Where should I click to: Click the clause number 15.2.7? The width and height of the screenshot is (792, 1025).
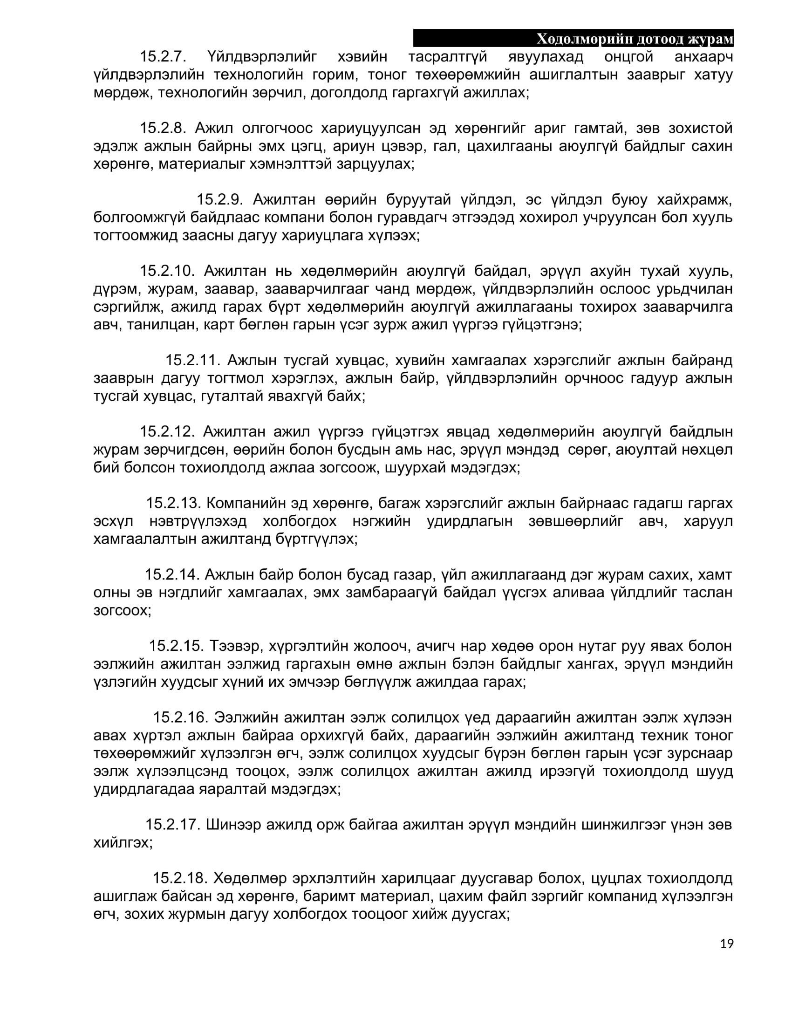(x=163, y=57)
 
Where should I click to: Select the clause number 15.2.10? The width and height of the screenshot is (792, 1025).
(x=167, y=271)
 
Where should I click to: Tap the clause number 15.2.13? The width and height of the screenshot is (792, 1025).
(x=173, y=503)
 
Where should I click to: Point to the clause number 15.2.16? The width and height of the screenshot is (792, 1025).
(x=180, y=717)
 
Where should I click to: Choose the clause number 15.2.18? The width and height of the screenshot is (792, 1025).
(x=180, y=878)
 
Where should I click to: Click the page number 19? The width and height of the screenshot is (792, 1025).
(x=726, y=944)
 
